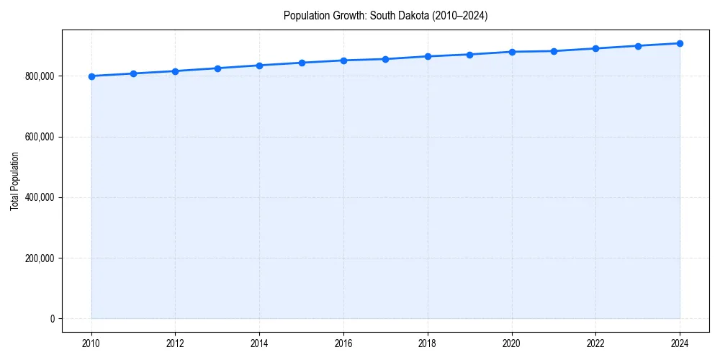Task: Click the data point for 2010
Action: pyautogui.click(x=91, y=76)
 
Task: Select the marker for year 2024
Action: pyautogui.click(x=680, y=43)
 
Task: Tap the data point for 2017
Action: pyautogui.click(x=386, y=59)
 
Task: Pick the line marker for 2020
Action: pyautogui.click(x=512, y=52)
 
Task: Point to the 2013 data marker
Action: pyautogui.click(x=217, y=68)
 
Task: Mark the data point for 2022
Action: pyautogui.click(x=596, y=48)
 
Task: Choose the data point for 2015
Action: pyautogui.click(x=302, y=63)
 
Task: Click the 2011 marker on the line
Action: pyautogui.click(x=133, y=73)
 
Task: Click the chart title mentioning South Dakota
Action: pyautogui.click(x=386, y=16)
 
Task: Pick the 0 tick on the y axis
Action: pyautogui.click(x=52, y=319)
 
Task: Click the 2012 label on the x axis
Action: pyautogui.click(x=176, y=343)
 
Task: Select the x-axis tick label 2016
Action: pyautogui.click(x=343, y=343)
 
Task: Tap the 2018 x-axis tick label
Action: pyautogui.click(x=428, y=343)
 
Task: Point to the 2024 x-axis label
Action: pyautogui.click(x=680, y=343)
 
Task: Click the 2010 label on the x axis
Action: pyautogui.click(x=91, y=343)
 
